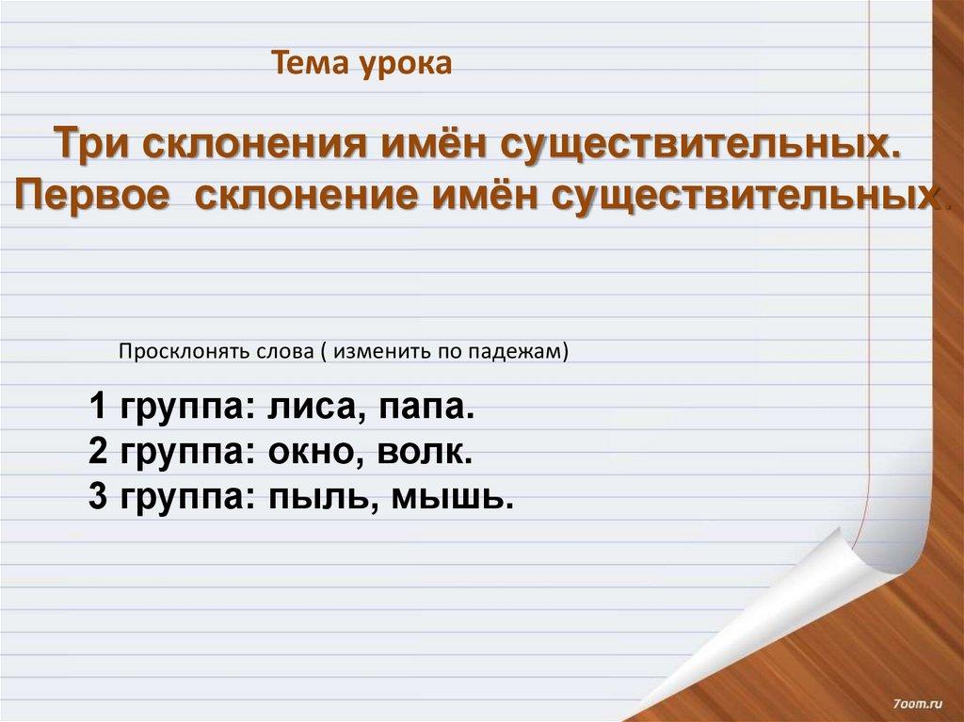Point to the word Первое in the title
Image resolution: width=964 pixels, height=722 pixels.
(x=92, y=196)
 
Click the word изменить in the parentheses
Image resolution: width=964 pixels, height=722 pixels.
(x=377, y=351)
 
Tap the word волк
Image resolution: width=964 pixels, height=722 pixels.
(x=425, y=454)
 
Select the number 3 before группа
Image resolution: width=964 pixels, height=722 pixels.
(x=98, y=497)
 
